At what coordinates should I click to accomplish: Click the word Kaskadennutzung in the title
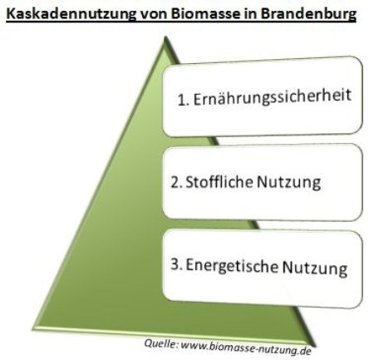(71, 14)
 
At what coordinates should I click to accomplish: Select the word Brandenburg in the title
(308, 14)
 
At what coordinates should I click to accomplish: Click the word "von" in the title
(154, 15)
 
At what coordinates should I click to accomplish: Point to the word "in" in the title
(250, 13)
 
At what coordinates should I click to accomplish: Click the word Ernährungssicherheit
(273, 97)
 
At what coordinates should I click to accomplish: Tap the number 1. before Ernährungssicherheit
(184, 101)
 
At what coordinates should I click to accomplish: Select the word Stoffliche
(219, 181)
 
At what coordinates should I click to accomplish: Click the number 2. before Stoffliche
(176, 182)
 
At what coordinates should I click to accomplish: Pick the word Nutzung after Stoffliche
(289, 183)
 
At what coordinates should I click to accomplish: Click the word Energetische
(232, 265)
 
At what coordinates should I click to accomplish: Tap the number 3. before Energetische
(176, 264)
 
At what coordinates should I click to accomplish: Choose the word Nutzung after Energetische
(314, 269)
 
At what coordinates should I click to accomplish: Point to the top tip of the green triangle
(165, 37)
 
